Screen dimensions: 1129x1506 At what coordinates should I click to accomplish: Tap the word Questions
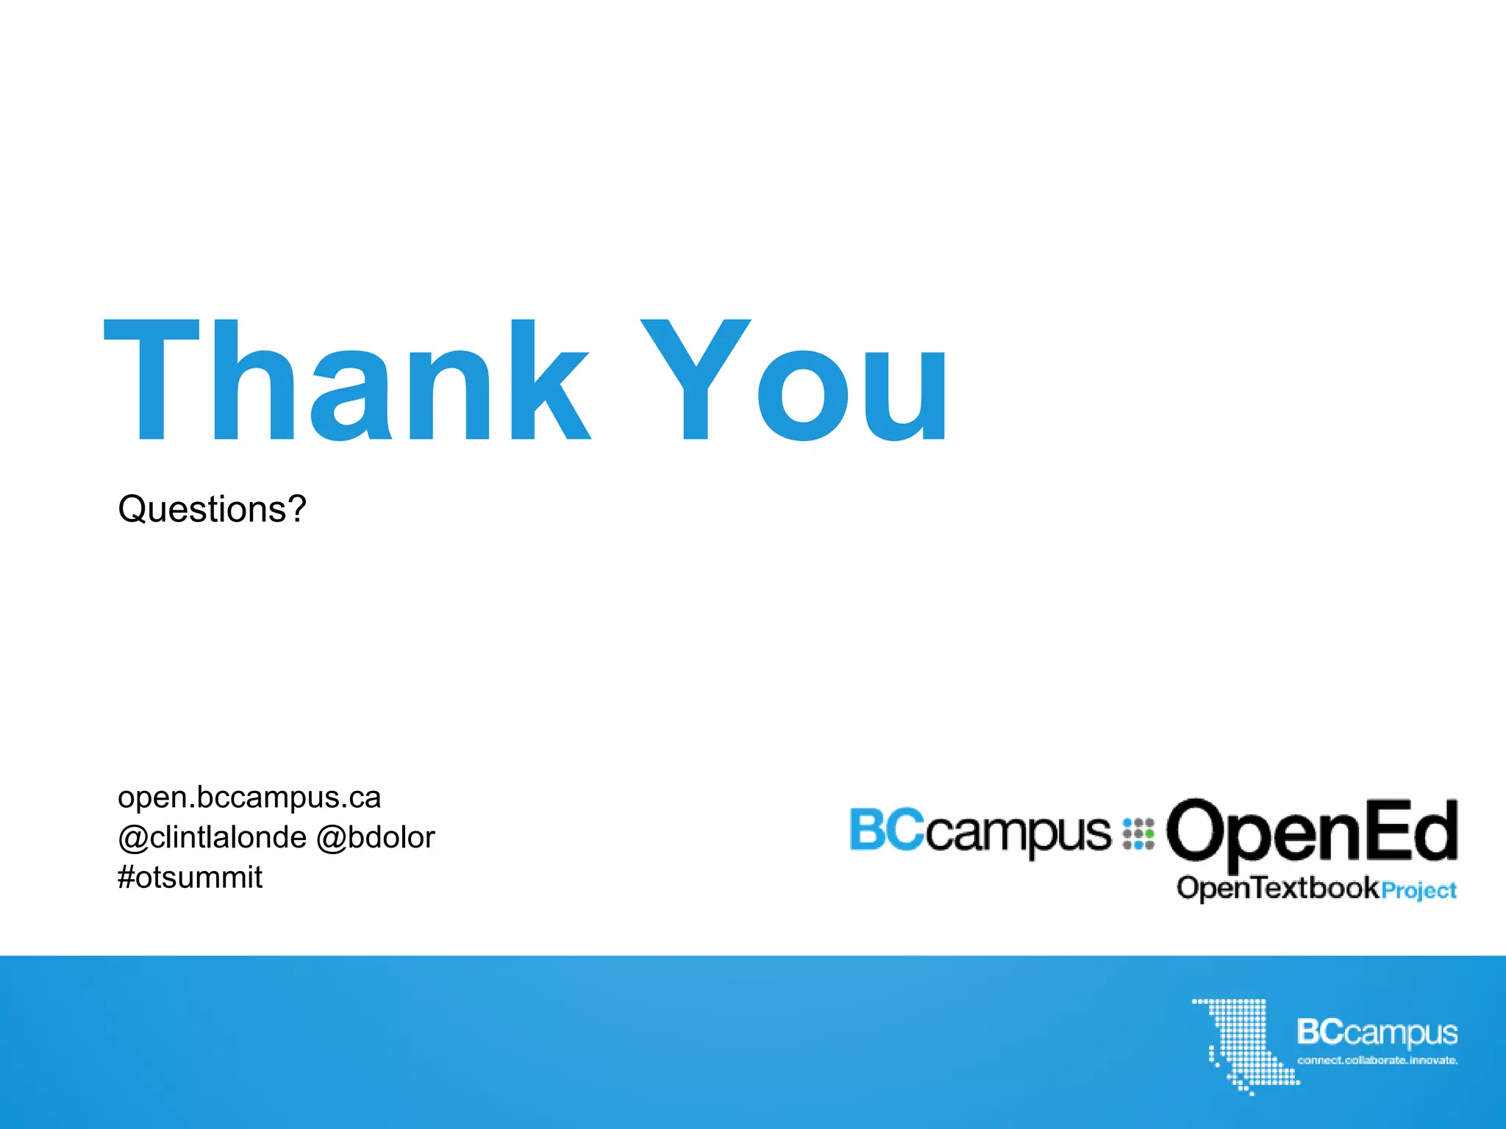(x=201, y=509)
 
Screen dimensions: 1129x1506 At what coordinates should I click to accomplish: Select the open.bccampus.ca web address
(x=249, y=798)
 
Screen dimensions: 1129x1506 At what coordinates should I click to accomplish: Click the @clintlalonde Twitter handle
(x=212, y=837)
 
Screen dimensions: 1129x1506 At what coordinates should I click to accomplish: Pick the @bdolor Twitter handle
(x=376, y=837)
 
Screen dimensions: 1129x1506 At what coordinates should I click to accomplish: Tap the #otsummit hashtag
(x=190, y=877)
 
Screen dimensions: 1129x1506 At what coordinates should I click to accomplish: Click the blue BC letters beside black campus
(x=886, y=830)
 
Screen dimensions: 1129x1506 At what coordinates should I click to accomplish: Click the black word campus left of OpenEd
(x=1018, y=834)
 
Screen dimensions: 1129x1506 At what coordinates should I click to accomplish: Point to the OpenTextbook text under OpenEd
(x=1278, y=888)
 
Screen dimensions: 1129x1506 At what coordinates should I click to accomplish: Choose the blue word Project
(x=1419, y=890)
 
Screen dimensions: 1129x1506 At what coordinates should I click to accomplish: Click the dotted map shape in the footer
(x=1243, y=1044)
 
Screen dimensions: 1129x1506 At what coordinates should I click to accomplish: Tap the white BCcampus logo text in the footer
(x=1377, y=1032)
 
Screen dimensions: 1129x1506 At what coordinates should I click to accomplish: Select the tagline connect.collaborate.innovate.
(x=1377, y=1060)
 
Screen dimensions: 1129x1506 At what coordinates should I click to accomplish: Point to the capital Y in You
(x=696, y=380)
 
